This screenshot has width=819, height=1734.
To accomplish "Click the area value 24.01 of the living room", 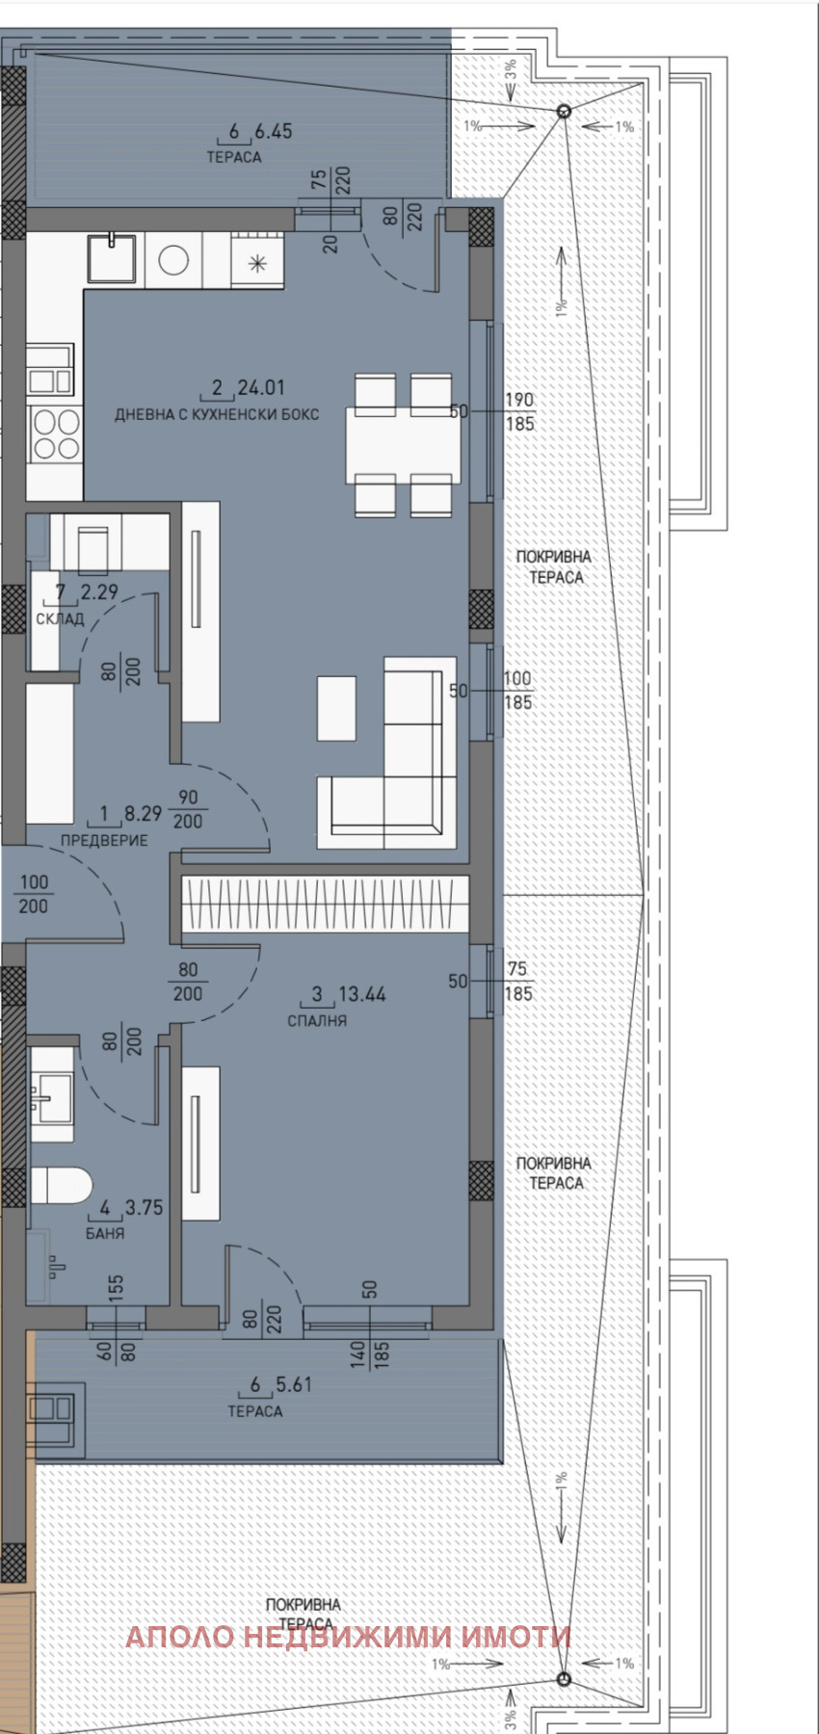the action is point(261,387).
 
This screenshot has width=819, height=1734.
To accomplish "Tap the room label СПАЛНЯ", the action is point(317,1020).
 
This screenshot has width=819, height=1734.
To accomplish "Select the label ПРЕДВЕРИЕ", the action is point(104,840).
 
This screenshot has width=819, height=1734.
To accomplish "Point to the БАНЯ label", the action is point(105,1233).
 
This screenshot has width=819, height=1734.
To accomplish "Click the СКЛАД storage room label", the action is point(60,618).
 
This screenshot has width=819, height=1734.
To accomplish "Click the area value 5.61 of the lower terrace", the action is point(294,1384).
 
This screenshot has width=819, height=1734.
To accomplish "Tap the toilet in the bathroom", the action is point(60,1186).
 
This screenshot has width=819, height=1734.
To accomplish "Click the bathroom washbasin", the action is point(52,1095).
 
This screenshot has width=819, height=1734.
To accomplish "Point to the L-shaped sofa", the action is point(388,752).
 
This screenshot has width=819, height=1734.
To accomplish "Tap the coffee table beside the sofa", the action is point(336,708).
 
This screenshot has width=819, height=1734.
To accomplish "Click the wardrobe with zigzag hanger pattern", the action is point(326,904).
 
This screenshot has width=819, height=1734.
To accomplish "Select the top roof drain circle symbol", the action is point(565,112).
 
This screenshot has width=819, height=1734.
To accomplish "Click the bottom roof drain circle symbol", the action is point(565,1679).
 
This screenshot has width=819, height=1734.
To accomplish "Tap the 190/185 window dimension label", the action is point(519,411).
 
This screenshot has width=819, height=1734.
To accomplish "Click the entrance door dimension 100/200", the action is point(34,894).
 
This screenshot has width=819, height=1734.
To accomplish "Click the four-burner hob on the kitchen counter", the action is point(55,434).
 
